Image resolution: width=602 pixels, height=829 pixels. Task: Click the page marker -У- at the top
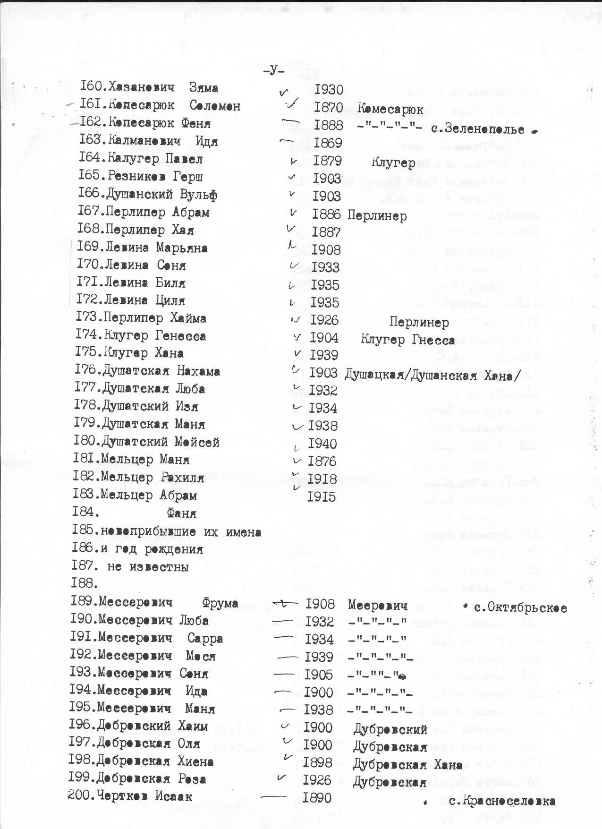pos(274,71)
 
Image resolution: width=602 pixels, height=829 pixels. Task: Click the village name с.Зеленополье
pos(477,129)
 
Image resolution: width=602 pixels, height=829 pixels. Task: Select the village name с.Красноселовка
pos(501,801)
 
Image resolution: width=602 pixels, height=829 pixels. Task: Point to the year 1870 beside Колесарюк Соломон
pos(329,108)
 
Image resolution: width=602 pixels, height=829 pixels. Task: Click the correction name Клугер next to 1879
pos(393,163)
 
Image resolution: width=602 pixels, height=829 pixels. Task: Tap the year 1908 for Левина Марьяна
pos(326,250)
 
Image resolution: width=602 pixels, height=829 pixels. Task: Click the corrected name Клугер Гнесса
pos(407,340)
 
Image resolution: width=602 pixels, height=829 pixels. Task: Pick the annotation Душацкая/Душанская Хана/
pos(432,376)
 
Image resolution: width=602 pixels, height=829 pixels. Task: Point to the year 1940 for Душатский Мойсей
pos(322,444)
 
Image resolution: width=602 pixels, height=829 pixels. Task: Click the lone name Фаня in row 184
pos(182,513)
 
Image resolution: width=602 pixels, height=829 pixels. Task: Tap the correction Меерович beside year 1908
pos(377,605)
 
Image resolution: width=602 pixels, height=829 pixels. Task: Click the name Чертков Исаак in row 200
pos(144,796)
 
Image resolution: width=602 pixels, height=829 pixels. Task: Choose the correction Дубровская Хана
pos(407,765)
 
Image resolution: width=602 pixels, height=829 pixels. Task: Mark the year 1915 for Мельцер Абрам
pos(321,497)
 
